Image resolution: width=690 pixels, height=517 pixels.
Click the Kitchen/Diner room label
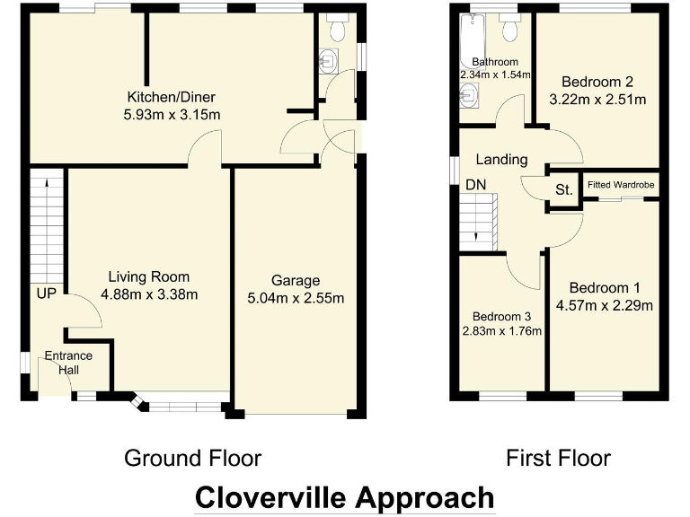171,97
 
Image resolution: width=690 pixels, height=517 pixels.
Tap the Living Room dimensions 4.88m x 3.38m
149,294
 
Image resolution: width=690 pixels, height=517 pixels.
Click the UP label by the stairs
47,294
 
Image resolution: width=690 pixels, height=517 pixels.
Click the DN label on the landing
474,185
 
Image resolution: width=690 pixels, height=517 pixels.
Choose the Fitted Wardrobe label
621,185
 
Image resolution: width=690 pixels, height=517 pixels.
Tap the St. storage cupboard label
564,189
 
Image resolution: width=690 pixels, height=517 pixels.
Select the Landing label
501,160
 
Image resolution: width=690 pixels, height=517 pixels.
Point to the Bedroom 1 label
604,288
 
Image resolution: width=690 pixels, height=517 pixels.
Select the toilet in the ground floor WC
339,29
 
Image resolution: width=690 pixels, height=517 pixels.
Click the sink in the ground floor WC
328,61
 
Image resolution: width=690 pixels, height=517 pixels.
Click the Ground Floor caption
192,459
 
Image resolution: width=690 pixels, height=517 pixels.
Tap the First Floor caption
558,459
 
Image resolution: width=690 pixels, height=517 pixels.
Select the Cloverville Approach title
345,496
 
